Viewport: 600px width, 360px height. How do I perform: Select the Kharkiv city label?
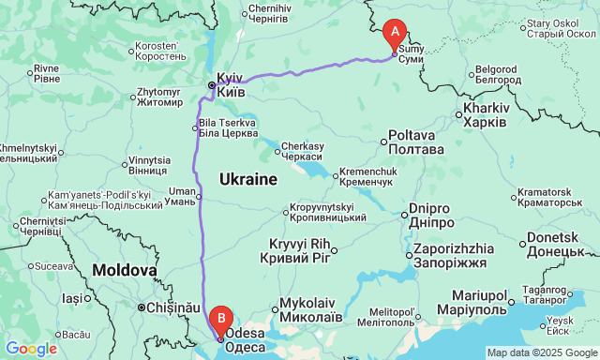click(x=485, y=115)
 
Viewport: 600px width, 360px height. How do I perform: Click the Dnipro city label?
click(x=432, y=216)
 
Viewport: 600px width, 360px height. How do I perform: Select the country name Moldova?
click(x=124, y=270)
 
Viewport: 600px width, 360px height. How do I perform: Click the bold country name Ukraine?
click(x=247, y=178)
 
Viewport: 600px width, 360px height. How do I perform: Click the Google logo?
click(x=30, y=349)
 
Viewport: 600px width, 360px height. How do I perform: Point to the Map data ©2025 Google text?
click(x=541, y=352)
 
